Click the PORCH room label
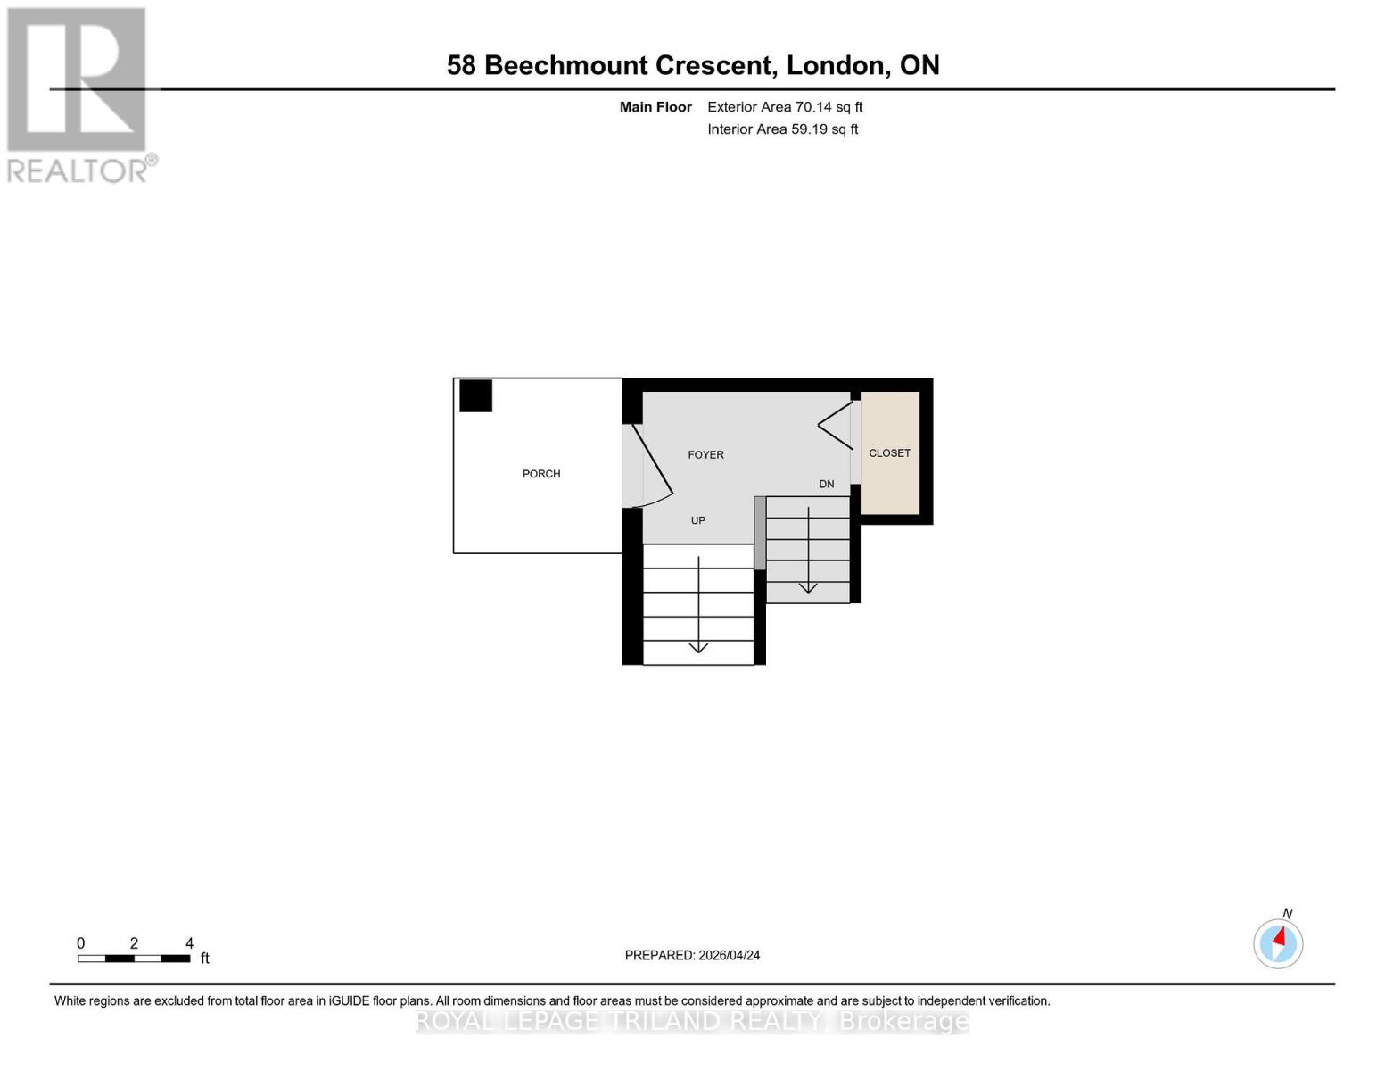[x=541, y=474]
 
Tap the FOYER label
[x=705, y=455]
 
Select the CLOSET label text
[x=889, y=453]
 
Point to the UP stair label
[x=698, y=520]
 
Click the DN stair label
[x=827, y=485]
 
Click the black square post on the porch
[x=475, y=395]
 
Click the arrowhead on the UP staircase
[x=698, y=647]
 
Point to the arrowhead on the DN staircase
[x=808, y=587]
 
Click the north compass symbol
[x=1278, y=942]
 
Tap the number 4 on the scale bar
[x=189, y=943]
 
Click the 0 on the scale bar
[x=81, y=943]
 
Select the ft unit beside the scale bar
[x=205, y=959]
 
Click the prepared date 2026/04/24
[x=729, y=955]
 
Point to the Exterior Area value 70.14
[x=812, y=107]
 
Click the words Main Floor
[x=655, y=107]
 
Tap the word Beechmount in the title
[x=569, y=65]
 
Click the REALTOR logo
[x=78, y=94]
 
